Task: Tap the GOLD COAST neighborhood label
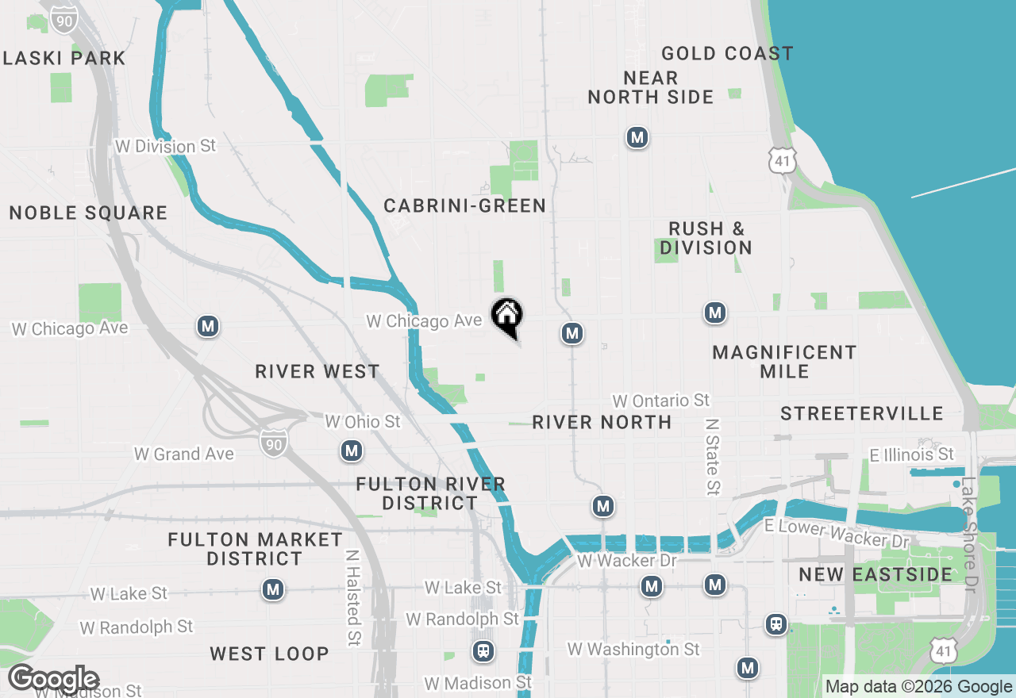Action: point(727,54)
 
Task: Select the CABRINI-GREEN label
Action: point(465,206)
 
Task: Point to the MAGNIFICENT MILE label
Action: point(784,362)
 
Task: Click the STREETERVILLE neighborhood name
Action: point(862,413)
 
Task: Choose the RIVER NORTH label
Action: point(602,422)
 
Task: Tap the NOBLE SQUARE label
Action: point(88,213)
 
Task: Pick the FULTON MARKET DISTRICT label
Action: point(256,549)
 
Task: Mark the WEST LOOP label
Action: point(269,654)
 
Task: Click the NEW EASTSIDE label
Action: point(876,574)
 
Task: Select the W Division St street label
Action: point(165,146)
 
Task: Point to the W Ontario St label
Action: point(661,401)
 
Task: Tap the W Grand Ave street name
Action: point(184,454)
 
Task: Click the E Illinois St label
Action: point(912,454)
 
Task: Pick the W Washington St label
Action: point(633,649)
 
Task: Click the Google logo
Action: point(54,679)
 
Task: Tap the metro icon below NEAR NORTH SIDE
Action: point(637,137)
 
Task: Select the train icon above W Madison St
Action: point(483,651)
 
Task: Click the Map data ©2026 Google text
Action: point(918,687)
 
